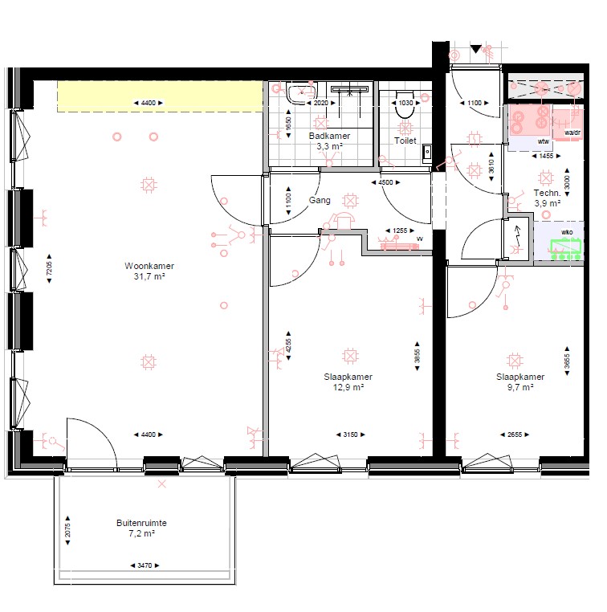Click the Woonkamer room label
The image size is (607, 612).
(x=149, y=266)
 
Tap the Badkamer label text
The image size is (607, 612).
(x=329, y=136)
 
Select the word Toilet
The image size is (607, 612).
(x=405, y=141)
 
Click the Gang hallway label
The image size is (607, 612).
(x=320, y=200)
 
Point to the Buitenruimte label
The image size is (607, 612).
(x=141, y=523)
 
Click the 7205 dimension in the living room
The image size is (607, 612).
(x=49, y=268)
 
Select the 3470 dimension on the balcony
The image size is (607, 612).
(x=145, y=565)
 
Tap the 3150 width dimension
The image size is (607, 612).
(x=350, y=435)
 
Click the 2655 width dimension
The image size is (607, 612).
(x=515, y=435)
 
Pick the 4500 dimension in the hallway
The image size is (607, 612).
(x=385, y=182)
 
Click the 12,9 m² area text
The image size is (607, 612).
(x=348, y=387)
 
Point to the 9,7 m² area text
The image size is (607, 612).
(x=520, y=387)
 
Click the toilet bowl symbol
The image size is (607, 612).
(x=405, y=104)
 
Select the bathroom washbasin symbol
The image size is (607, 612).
(x=301, y=93)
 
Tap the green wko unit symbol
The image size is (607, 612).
(x=566, y=249)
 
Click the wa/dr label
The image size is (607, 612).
(x=572, y=133)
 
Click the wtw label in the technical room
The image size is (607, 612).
(x=544, y=141)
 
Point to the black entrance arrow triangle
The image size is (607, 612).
(x=475, y=49)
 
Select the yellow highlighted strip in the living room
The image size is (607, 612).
(x=160, y=96)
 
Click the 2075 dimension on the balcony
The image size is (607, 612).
(x=67, y=530)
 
